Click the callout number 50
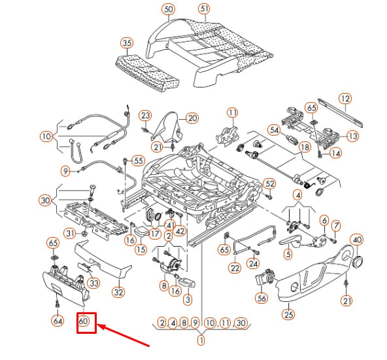(x=168, y=9)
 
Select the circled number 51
(x=204, y=9)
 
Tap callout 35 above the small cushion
(x=127, y=43)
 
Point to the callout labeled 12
(x=345, y=99)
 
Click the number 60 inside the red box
(x=84, y=321)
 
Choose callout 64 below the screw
(x=58, y=321)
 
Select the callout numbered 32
(x=118, y=293)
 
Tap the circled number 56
(x=261, y=298)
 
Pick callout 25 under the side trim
(x=288, y=314)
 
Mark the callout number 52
(x=270, y=183)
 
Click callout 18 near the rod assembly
(x=305, y=147)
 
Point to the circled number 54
(x=274, y=130)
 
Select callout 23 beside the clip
(x=145, y=115)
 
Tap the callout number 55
(x=139, y=161)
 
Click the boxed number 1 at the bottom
(x=201, y=340)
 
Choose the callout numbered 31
(x=70, y=233)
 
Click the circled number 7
(x=335, y=225)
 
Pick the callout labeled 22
(x=235, y=268)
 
